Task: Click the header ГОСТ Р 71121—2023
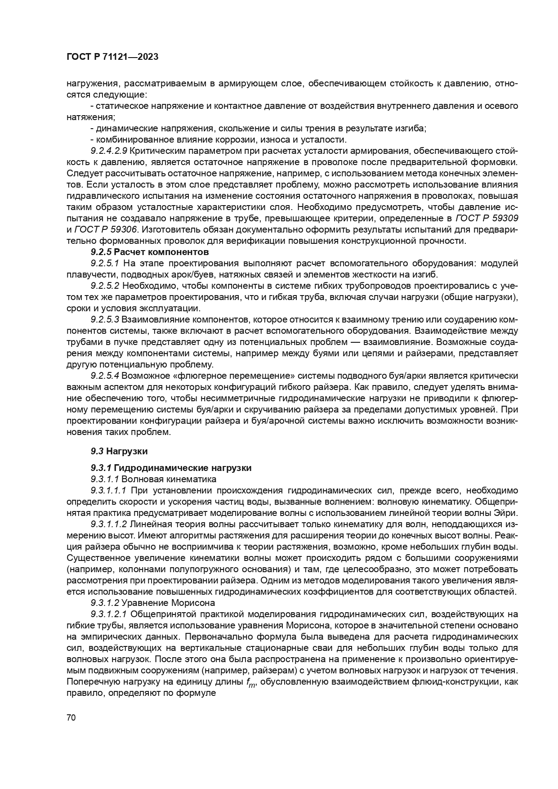[x=112, y=57]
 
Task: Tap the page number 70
[x=71, y=717]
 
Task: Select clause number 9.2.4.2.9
[x=108, y=151]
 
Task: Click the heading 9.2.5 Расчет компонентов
[x=150, y=251]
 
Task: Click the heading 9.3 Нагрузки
[x=119, y=451]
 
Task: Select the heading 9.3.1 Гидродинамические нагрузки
[x=171, y=468]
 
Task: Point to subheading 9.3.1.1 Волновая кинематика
[x=153, y=479]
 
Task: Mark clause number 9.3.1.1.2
[x=108, y=524]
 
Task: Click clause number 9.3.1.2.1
[x=108, y=614]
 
